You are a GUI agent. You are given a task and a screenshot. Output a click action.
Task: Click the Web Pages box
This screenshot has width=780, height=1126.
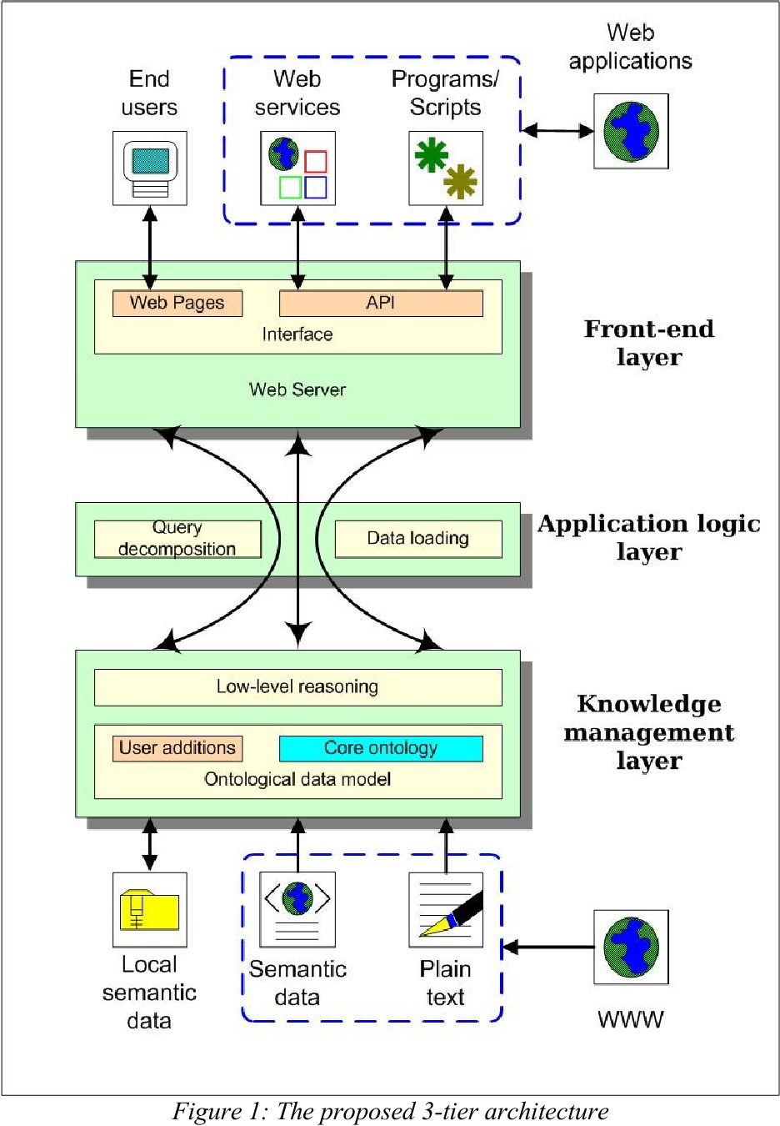pos(177,303)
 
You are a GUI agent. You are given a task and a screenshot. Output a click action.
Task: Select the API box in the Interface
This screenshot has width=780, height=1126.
pos(381,303)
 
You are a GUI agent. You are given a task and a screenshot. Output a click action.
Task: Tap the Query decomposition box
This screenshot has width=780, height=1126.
pos(177,539)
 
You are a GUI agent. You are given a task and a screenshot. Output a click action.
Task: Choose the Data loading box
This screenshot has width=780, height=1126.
pos(418,539)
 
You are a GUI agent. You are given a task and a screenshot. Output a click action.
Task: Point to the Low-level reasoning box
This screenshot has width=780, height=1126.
pos(297,687)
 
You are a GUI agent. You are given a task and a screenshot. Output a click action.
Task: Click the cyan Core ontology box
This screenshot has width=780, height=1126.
pos(381,748)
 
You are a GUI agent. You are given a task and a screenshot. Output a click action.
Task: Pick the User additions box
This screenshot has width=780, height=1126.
pos(177,748)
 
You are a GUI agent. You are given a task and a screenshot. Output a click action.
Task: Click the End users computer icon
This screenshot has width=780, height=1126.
pos(150,168)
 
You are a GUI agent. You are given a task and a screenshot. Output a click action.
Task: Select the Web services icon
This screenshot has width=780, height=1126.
pos(297,168)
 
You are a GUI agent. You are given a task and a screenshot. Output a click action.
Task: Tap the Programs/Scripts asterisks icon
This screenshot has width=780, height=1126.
pos(446,168)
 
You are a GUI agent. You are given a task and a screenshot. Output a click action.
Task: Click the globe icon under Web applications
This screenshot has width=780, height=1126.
pos(631,131)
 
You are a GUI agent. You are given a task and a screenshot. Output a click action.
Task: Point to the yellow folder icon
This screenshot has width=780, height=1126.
pos(150,910)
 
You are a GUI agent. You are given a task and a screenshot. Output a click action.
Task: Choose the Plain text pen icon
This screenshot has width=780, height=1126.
pos(446,910)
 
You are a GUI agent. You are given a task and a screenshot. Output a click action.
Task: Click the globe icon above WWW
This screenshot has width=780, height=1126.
pos(631,948)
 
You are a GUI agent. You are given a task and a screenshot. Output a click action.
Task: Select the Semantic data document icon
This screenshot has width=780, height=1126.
pos(297,910)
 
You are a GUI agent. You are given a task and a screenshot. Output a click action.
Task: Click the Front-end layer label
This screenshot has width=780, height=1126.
pos(648,343)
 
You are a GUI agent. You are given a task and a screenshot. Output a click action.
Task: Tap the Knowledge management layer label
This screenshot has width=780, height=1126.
pos(648,732)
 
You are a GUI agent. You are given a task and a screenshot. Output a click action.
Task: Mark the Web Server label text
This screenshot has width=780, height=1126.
pos(297,390)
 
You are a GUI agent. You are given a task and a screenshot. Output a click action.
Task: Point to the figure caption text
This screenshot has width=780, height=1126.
pos(390,1112)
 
